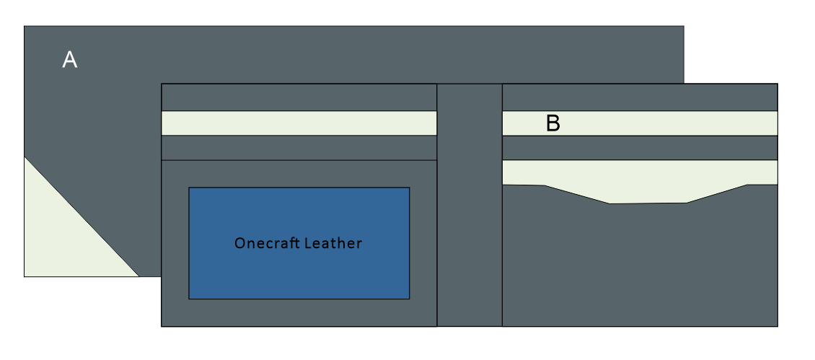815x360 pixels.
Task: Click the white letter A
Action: click(70, 60)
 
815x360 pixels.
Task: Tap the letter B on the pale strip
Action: click(553, 123)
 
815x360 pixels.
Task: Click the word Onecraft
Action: click(266, 243)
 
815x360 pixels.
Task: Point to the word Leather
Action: click(332, 243)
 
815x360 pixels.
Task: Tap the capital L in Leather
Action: click(307, 243)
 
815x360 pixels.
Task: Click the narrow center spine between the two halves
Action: click(469, 206)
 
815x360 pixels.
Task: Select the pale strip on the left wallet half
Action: click(299, 123)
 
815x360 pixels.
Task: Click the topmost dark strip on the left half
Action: click(299, 97)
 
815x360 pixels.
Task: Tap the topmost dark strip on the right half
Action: click(640, 97)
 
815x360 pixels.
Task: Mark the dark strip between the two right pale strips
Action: click(640, 148)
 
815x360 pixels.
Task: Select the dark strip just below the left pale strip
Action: click(299, 148)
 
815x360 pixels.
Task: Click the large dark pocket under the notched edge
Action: click(640, 267)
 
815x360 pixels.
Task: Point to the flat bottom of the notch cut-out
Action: click(648, 203)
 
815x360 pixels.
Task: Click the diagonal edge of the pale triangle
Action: click(81, 216)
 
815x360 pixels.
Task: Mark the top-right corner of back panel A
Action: click(683, 27)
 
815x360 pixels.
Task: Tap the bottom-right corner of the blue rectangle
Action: click(409, 298)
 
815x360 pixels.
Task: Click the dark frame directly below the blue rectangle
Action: click(299, 312)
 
